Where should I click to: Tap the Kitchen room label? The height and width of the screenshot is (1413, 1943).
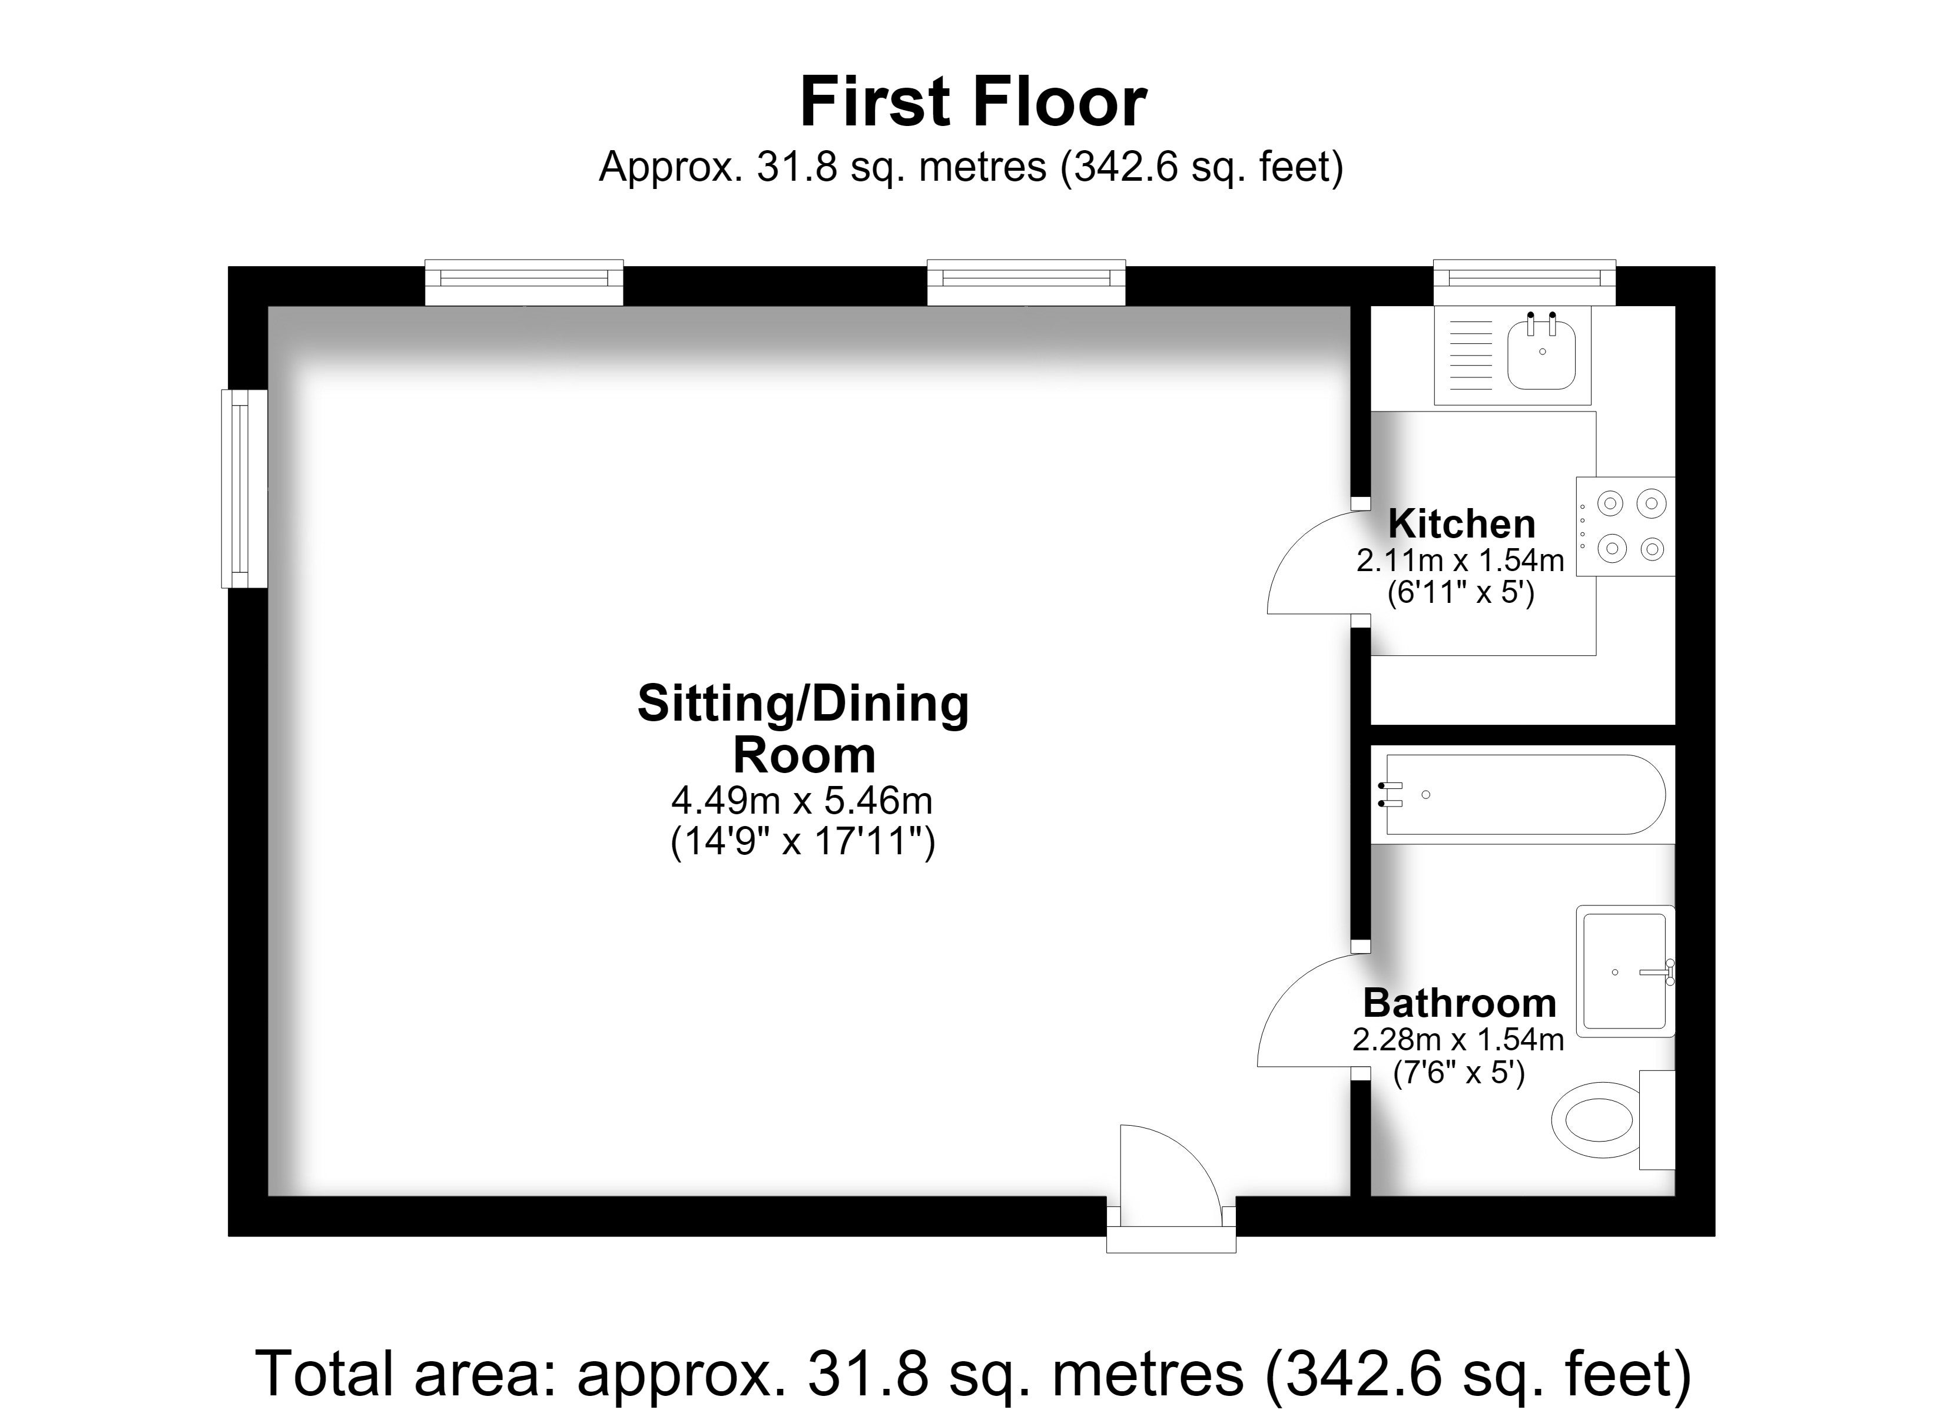(x=1461, y=523)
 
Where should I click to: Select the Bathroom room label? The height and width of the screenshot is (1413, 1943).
(x=1460, y=1003)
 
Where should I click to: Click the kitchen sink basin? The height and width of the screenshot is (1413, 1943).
(x=1541, y=352)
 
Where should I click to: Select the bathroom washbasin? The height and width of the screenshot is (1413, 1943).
(x=1625, y=971)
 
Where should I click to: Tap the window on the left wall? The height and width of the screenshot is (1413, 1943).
(x=244, y=489)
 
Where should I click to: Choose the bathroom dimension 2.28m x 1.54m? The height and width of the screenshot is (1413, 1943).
(x=1458, y=1039)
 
